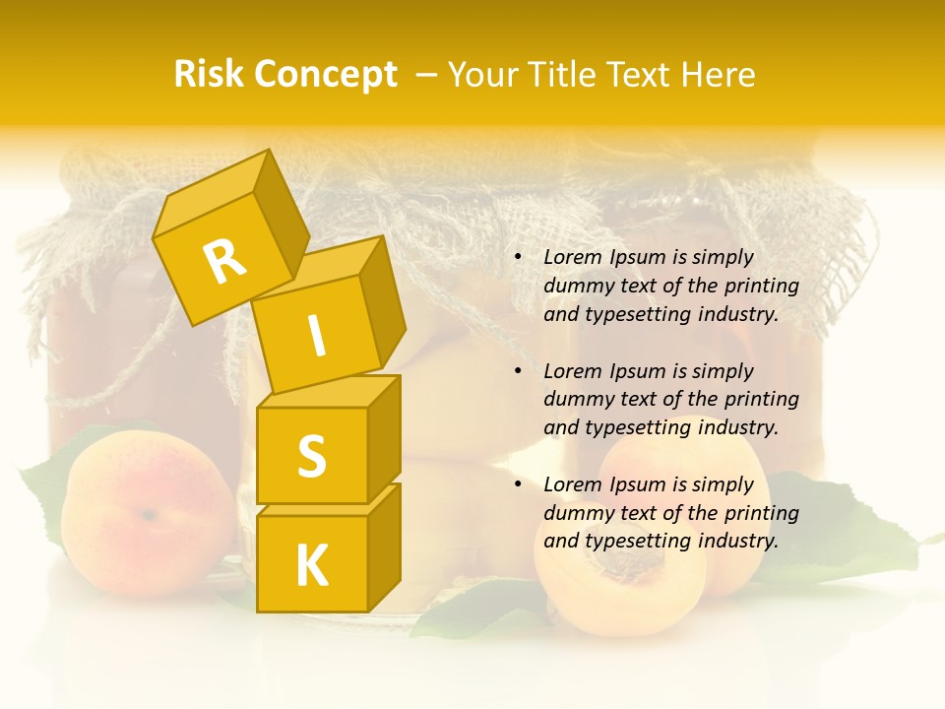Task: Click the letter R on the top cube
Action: pos(225,262)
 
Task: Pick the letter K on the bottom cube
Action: pos(311,566)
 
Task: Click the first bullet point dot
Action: pos(518,257)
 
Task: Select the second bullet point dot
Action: pos(518,371)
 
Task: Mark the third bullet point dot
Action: pos(518,484)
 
